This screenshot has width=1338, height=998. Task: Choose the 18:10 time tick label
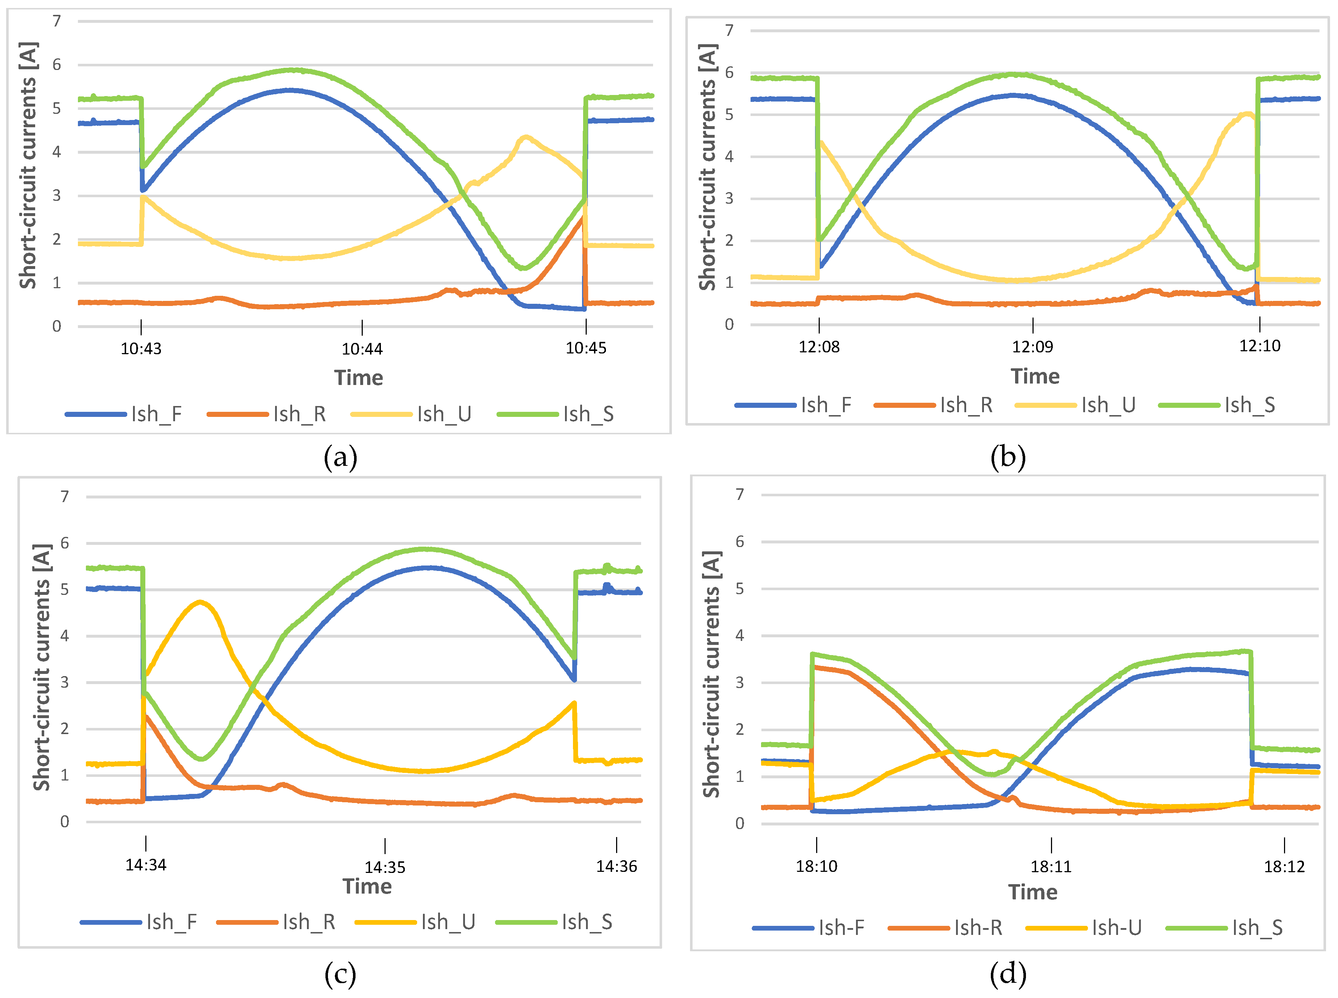pyautogui.click(x=816, y=867)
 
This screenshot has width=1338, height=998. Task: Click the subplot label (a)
pyautogui.click(x=341, y=457)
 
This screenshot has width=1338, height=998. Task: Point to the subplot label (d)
pyautogui.click(x=1008, y=974)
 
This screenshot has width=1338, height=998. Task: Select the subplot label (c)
pyautogui.click(x=341, y=974)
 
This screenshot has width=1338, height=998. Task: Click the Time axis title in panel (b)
pyautogui.click(x=1035, y=376)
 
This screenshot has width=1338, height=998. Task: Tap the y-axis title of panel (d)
pyautogui.click(x=712, y=674)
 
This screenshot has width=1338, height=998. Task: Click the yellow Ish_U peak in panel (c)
pyautogui.click(x=200, y=602)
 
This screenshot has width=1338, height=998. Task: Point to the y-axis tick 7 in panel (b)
pyautogui.click(x=730, y=30)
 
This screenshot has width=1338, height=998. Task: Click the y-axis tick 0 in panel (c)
pyautogui.click(x=65, y=821)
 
